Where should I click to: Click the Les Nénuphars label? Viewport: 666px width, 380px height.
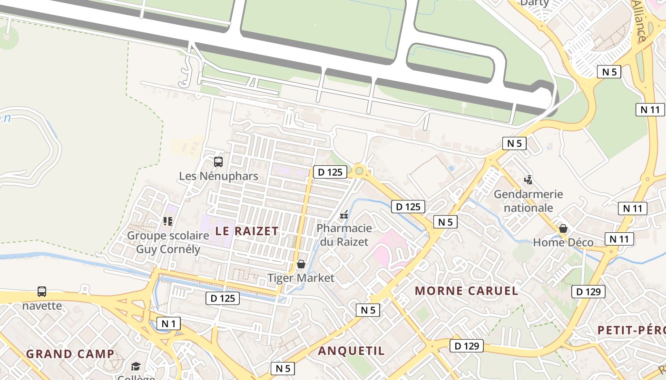(x=218, y=176)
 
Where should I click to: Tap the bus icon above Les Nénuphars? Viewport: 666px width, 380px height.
(x=218, y=162)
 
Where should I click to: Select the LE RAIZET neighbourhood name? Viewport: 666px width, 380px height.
(x=247, y=231)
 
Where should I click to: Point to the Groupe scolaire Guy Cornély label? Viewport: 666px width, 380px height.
(x=168, y=242)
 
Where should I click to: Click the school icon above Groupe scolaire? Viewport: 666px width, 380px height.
(x=167, y=221)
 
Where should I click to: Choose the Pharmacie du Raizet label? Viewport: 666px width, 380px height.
(x=344, y=235)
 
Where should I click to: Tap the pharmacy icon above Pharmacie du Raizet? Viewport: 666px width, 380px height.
(x=344, y=215)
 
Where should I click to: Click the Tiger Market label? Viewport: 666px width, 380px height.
(x=301, y=278)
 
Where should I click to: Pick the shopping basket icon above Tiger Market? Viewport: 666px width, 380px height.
(x=301, y=264)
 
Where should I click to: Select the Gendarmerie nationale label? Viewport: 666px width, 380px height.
(x=528, y=200)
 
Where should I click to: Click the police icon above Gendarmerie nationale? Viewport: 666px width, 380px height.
(x=528, y=180)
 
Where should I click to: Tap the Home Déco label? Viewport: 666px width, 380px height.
(x=563, y=243)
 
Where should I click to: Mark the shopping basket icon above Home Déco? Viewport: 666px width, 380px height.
(x=563, y=228)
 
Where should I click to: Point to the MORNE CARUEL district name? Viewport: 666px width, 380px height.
(x=466, y=291)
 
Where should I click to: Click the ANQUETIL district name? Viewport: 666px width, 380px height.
(x=351, y=351)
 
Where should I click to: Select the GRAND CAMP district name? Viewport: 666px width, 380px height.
(x=70, y=354)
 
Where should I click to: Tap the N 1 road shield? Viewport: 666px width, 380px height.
(x=169, y=324)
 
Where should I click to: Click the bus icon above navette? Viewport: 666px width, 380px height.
(x=42, y=291)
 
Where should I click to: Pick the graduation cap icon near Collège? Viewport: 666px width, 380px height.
(x=136, y=366)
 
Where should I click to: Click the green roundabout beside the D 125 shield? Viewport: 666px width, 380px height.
(x=359, y=171)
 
